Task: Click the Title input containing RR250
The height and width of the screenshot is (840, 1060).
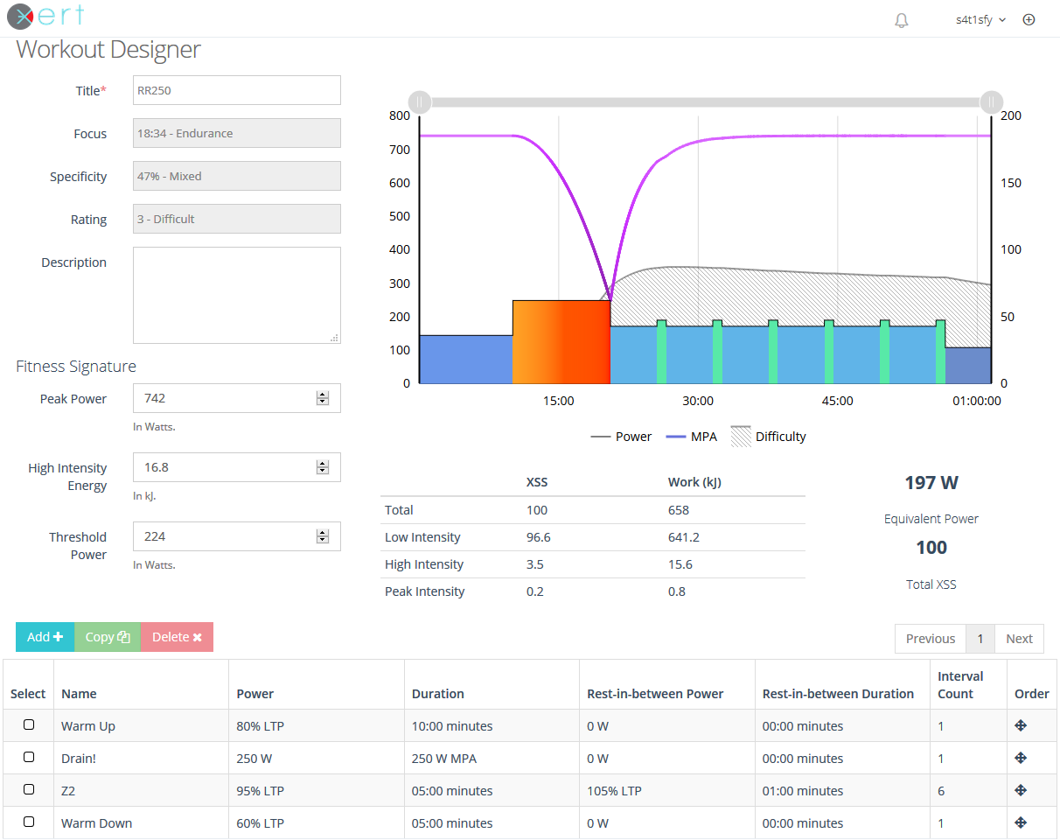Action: [236, 90]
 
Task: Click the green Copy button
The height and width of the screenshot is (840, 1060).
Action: [108, 637]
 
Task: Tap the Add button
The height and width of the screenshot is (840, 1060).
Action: [45, 637]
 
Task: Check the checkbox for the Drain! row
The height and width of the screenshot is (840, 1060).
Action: [29, 757]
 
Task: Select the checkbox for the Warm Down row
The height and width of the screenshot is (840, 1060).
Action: [29, 822]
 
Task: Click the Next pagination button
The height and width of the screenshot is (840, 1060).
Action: [1019, 639]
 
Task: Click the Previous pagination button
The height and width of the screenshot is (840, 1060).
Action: [931, 639]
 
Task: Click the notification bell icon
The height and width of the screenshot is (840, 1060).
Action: [902, 20]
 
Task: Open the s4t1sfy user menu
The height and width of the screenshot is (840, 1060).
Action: [980, 20]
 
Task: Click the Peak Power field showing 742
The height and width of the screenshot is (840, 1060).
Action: [236, 398]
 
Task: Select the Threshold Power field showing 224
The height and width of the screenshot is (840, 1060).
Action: [236, 536]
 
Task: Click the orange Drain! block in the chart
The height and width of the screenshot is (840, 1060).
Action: [561, 342]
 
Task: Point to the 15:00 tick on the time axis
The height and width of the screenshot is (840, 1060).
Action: [559, 401]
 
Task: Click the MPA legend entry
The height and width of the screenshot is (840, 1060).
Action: [692, 437]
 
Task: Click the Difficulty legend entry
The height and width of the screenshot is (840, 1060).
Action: [769, 437]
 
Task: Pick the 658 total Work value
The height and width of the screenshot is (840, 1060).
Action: [679, 510]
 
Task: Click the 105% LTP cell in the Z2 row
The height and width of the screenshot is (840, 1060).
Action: [614, 791]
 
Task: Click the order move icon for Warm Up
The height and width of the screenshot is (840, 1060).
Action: [1021, 725]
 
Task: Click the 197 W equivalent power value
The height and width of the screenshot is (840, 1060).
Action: [931, 483]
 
